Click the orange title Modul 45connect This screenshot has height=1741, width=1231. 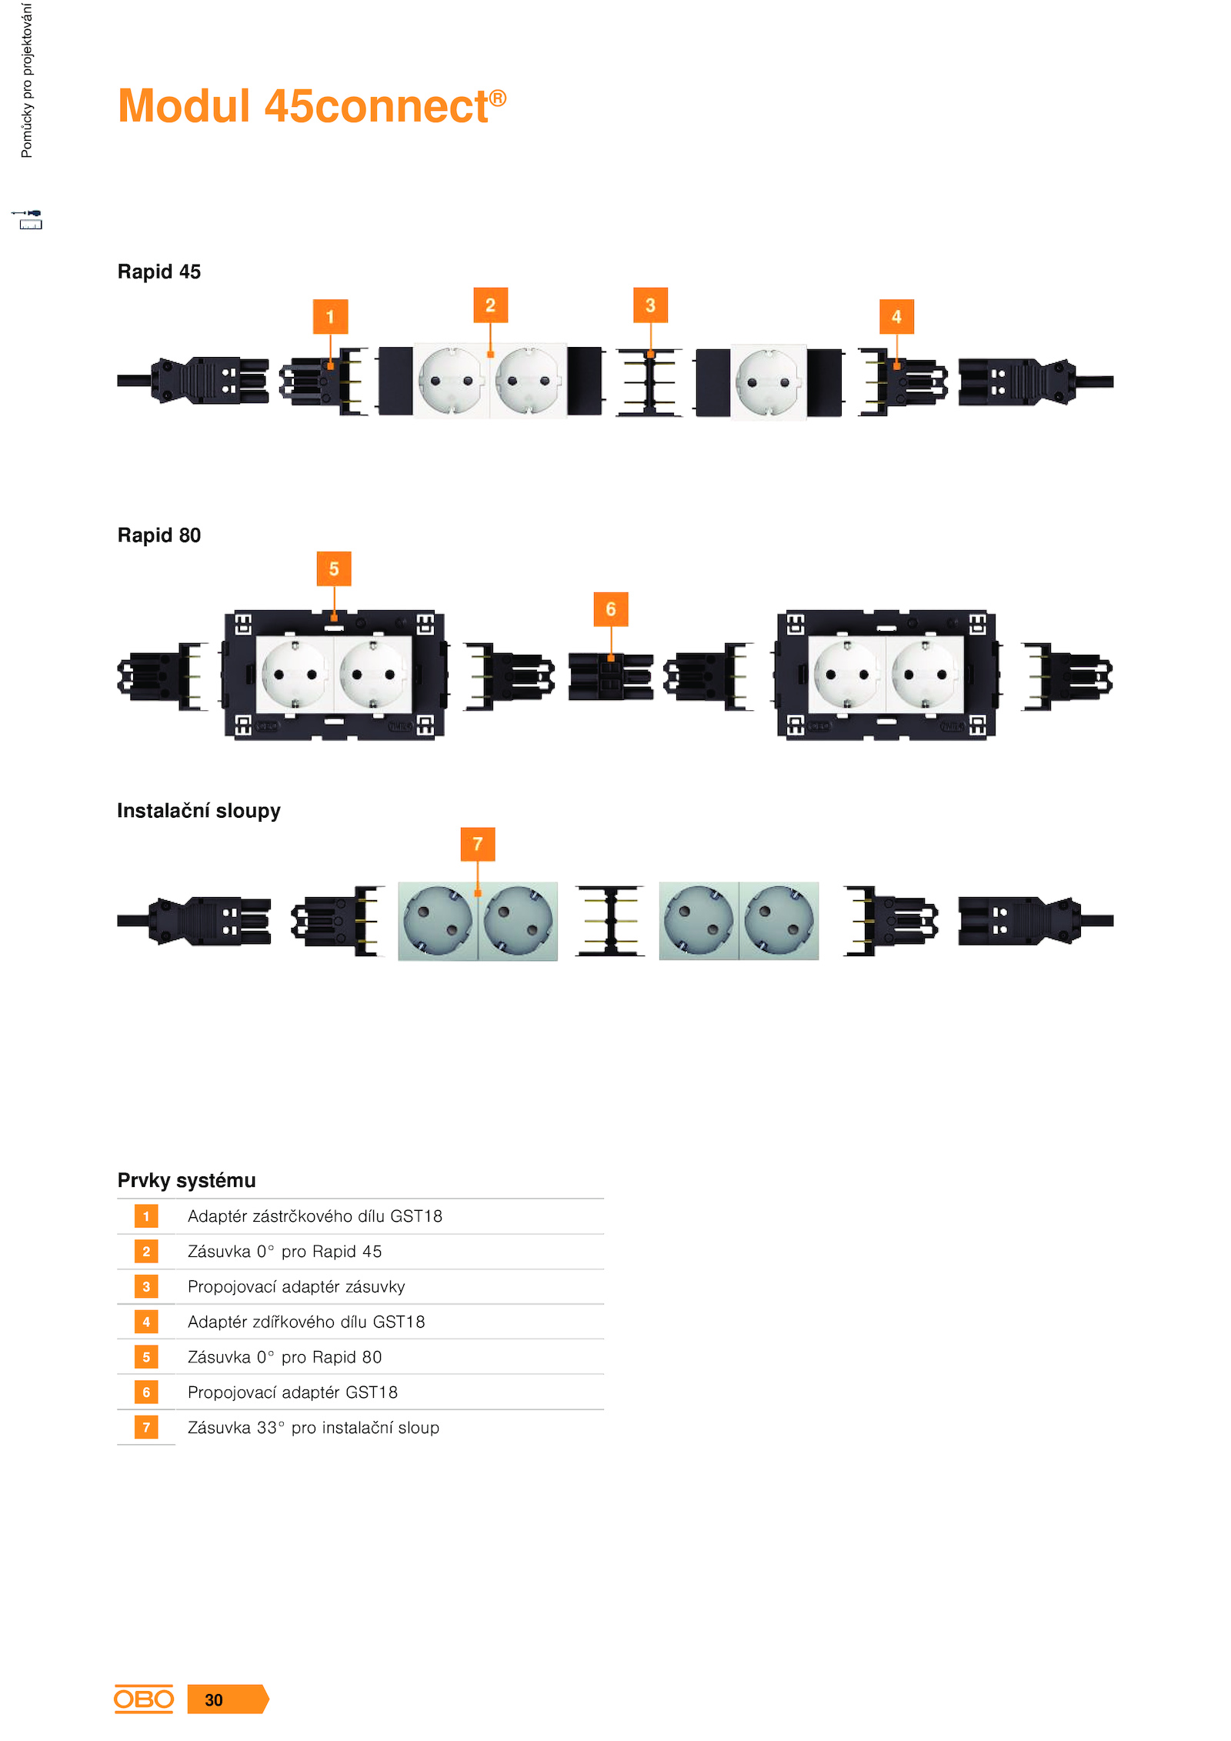(x=312, y=105)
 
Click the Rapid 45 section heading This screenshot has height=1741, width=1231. (x=158, y=272)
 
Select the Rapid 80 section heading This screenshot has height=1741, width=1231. (x=158, y=535)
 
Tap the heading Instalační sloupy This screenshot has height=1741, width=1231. (x=198, y=811)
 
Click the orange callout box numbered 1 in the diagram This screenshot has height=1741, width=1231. (x=330, y=316)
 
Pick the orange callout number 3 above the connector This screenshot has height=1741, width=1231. (x=650, y=305)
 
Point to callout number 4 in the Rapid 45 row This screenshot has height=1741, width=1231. (x=896, y=316)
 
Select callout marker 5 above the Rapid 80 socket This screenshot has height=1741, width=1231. (x=334, y=569)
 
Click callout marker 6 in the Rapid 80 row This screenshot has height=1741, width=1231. (x=611, y=609)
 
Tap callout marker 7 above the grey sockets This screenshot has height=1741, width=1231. (x=478, y=844)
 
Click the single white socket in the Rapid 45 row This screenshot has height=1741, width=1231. (x=769, y=382)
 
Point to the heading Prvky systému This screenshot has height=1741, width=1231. (x=186, y=1180)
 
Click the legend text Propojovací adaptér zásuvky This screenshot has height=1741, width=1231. (x=296, y=1286)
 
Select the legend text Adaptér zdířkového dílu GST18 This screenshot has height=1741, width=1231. (x=306, y=1322)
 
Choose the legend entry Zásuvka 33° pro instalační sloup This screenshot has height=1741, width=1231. (x=313, y=1427)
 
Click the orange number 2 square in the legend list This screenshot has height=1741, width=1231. (x=146, y=1251)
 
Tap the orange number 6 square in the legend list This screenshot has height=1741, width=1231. (x=146, y=1392)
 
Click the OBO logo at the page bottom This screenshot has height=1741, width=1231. (x=144, y=1699)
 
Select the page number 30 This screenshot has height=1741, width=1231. (x=214, y=1699)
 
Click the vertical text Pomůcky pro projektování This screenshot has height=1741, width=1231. (x=27, y=80)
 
